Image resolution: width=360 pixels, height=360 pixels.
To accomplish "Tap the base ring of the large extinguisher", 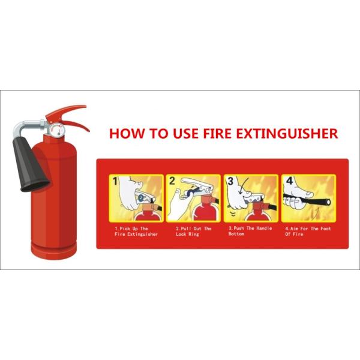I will (x=54, y=249).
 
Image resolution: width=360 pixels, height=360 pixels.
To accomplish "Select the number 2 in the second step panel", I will (x=172, y=181).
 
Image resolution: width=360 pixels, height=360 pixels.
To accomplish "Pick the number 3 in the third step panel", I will (x=230, y=181).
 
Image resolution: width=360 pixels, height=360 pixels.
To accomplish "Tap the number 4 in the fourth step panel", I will (x=289, y=181).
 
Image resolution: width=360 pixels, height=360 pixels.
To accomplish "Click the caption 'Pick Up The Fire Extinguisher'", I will (x=136, y=231).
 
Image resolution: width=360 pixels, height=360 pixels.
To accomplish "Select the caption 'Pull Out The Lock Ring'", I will (x=193, y=231).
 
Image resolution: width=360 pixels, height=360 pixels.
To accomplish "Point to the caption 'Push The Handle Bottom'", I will (x=250, y=231).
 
